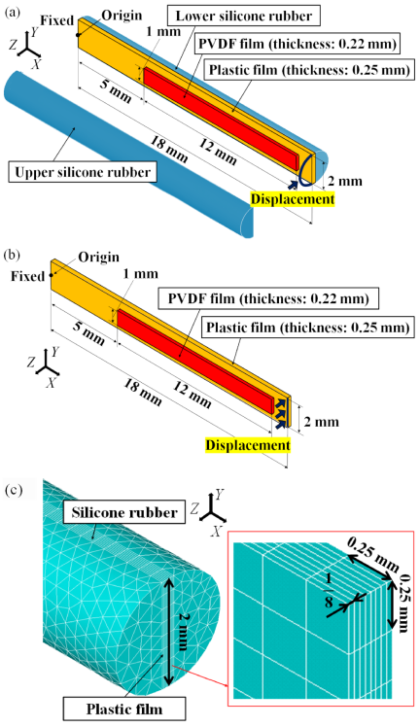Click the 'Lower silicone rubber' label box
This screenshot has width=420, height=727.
point(244,17)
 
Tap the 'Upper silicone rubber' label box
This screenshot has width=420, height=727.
point(83,172)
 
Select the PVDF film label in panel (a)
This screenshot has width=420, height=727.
point(298,44)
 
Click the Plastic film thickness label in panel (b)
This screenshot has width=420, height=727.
point(308,328)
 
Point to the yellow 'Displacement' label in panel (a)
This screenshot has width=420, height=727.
point(292,199)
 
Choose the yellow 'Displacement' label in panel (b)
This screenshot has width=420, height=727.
point(248,445)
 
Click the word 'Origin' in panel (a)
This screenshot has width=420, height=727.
point(122,16)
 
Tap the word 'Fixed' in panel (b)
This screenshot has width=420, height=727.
point(28,276)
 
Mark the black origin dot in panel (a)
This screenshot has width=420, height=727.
point(79,34)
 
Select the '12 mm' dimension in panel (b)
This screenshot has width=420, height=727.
point(192,394)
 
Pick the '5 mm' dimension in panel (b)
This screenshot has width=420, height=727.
point(89,332)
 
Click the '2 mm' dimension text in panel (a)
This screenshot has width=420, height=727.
point(345,181)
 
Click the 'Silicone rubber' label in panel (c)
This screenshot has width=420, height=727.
point(124,513)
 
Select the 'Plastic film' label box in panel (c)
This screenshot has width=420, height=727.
point(124,709)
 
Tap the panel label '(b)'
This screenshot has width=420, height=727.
point(13,255)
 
